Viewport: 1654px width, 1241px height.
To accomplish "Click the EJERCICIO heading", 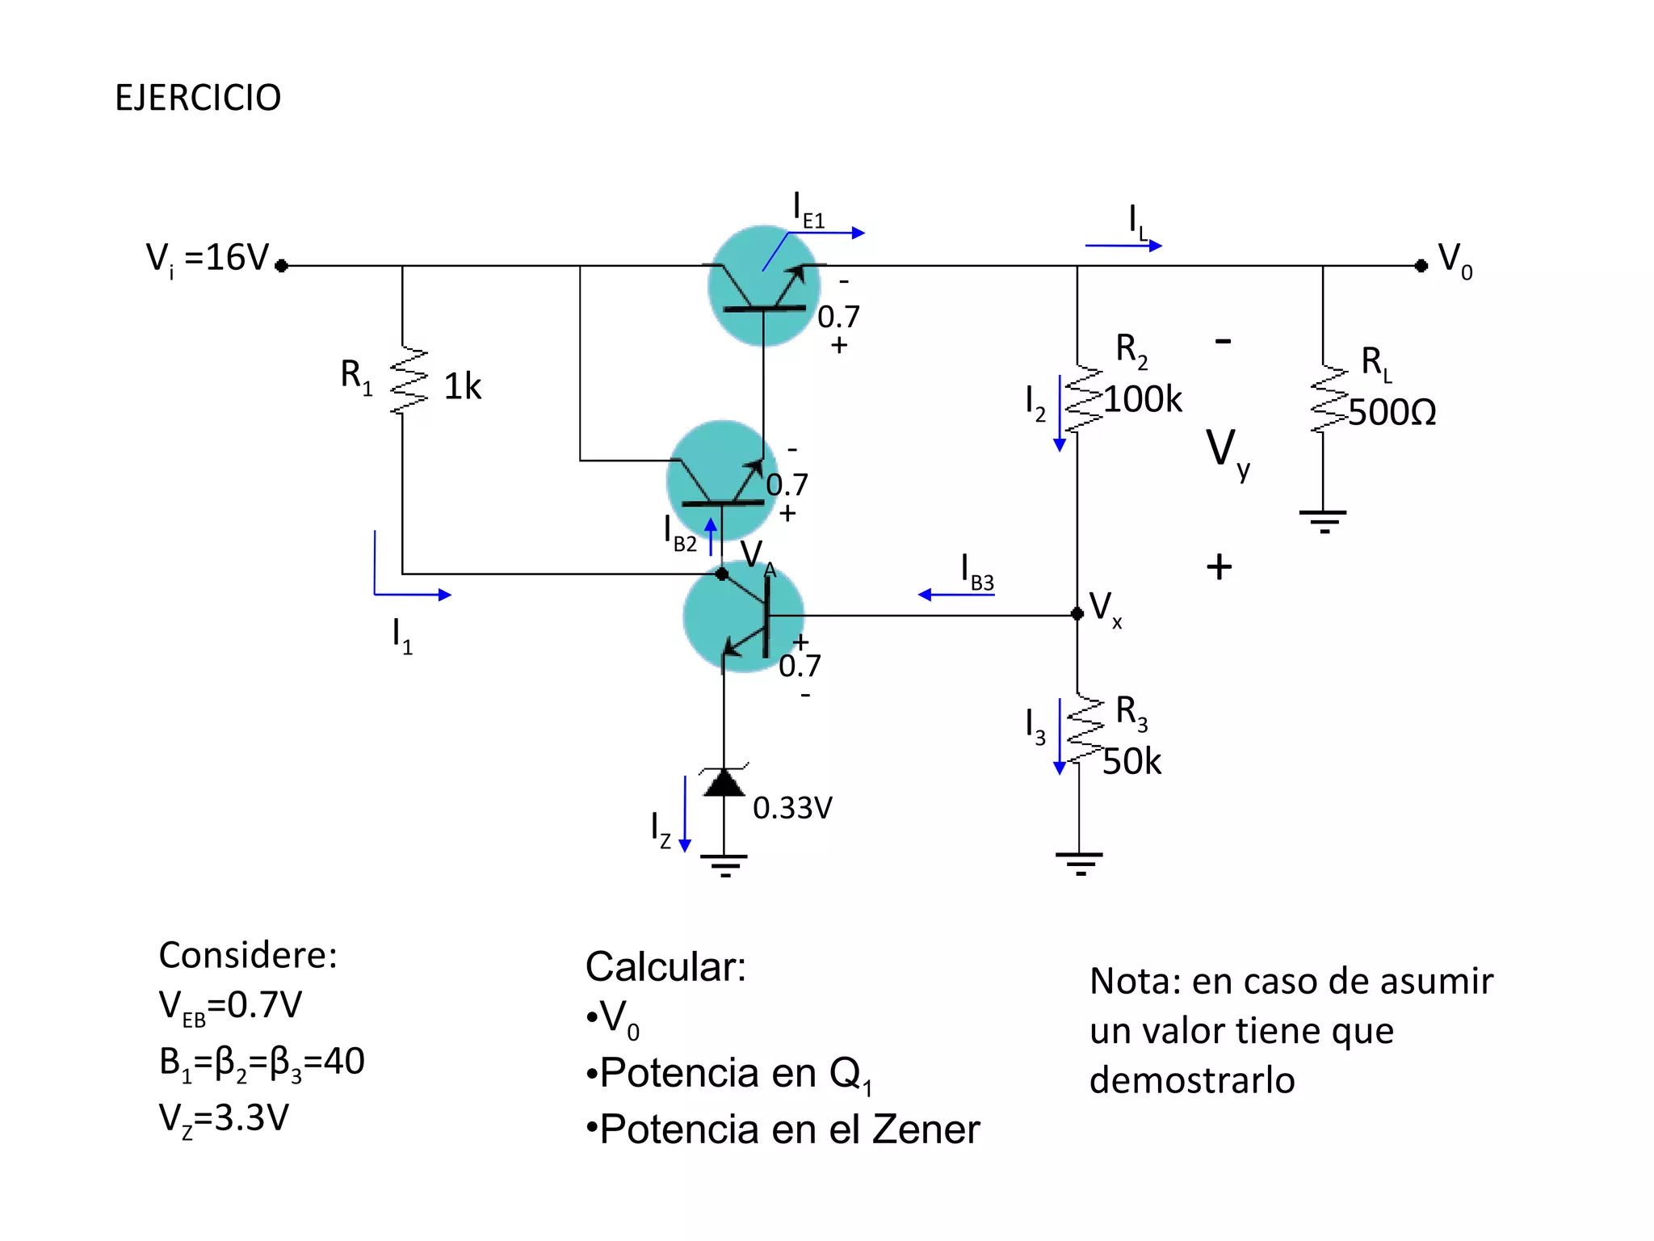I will click(198, 98).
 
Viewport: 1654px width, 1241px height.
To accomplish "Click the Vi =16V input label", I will click(208, 259).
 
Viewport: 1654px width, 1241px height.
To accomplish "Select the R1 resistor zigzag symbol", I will click(408, 381).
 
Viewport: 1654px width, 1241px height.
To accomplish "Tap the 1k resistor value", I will click(462, 386).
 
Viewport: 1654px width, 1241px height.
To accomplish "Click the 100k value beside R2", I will click(1142, 399).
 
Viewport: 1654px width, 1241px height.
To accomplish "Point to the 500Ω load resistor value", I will click(1392, 412).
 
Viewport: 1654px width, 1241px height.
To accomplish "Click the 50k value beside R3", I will click(1131, 761).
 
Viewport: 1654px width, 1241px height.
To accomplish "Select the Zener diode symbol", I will click(724, 781).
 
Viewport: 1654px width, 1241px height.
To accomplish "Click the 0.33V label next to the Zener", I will click(792, 807).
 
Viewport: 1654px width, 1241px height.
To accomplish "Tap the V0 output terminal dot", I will click(1421, 266).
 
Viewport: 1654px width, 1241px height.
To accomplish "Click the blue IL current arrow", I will click(1123, 245).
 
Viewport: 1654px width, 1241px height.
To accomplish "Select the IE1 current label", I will click(808, 210).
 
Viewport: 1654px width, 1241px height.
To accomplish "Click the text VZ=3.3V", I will click(224, 1119).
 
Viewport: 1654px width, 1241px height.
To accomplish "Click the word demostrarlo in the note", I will click(1192, 1080).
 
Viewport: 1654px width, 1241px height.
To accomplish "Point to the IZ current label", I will click(660, 831).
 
